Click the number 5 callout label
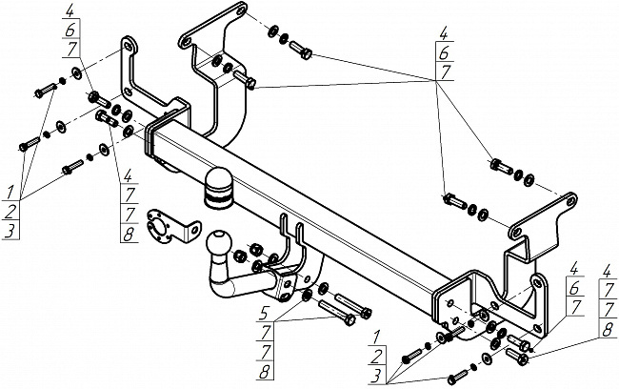pos(266,315)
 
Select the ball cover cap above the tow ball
pos(218,188)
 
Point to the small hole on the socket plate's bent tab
pos(193,230)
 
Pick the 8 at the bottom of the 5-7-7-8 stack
pos(265,371)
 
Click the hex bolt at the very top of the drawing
pos(301,50)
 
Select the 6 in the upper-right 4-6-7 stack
pos(444,51)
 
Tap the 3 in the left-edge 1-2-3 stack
pos(10,231)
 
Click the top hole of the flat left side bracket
pos(127,47)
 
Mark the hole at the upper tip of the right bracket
pos(570,201)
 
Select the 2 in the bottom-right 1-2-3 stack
pos(376,357)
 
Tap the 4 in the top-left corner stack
pos(70,10)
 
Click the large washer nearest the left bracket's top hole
pos(76,72)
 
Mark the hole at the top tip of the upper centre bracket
pos(240,11)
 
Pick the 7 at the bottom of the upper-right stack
pos(446,72)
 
